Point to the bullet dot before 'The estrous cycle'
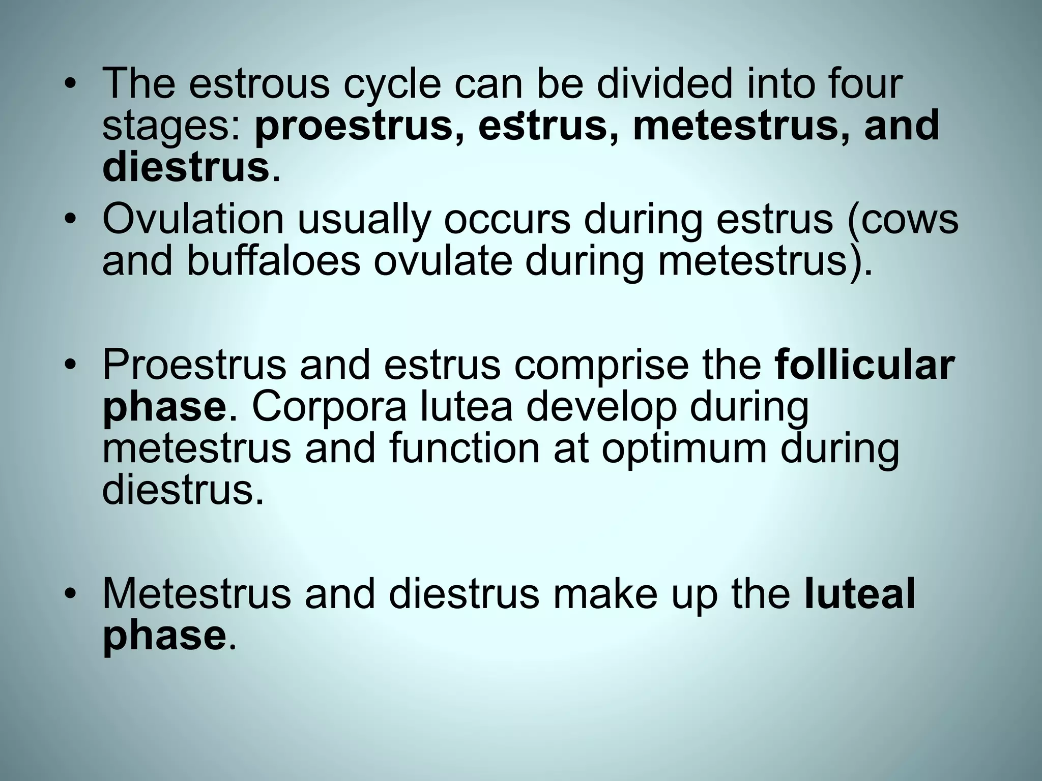(x=71, y=84)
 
